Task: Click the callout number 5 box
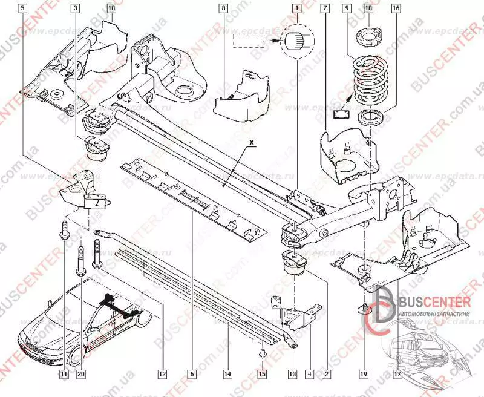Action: [22, 8]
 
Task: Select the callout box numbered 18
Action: [111, 8]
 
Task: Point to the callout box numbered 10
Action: [368, 8]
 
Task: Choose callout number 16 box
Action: [396, 8]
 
